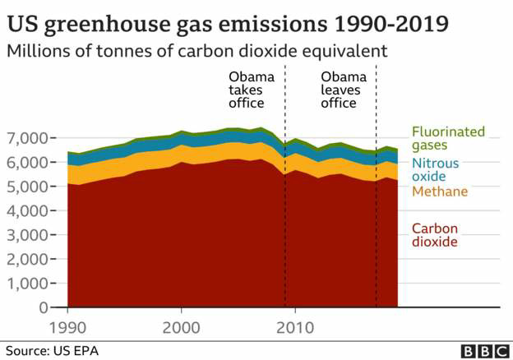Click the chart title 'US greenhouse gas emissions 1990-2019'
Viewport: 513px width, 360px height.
coord(227,21)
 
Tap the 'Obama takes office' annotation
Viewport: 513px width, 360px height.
coord(247,90)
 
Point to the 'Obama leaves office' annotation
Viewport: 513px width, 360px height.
coord(339,90)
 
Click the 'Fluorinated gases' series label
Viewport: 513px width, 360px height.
coord(448,137)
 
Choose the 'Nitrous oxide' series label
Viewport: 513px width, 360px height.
coord(436,169)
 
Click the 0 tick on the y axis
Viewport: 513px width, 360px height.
coord(44,308)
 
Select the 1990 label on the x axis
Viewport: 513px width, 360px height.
coord(67,326)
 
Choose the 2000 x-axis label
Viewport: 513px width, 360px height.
coord(181,326)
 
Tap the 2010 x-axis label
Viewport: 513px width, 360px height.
coord(295,326)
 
